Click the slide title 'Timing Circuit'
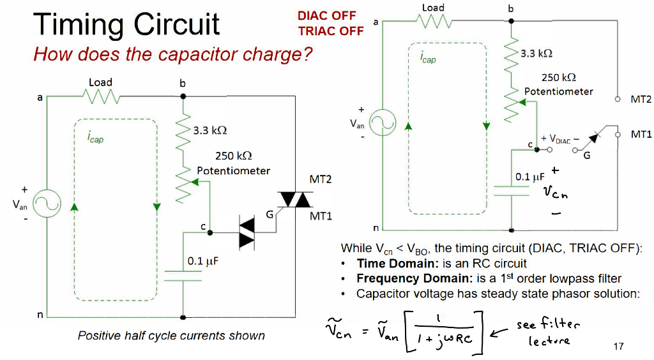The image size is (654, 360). click(126, 24)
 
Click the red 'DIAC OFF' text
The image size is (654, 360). click(326, 16)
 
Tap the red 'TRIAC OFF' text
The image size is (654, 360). click(330, 31)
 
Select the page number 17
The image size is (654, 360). click(618, 347)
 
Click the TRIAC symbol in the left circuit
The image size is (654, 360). click(294, 200)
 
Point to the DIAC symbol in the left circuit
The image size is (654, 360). click(246, 232)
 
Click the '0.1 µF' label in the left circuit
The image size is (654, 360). click(204, 262)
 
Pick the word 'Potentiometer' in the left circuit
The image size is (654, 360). click(233, 170)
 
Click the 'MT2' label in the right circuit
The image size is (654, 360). click(641, 100)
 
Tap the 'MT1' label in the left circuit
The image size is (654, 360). click(321, 216)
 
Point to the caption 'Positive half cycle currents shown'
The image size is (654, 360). click(171, 335)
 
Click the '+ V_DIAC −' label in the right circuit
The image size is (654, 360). click(559, 139)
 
